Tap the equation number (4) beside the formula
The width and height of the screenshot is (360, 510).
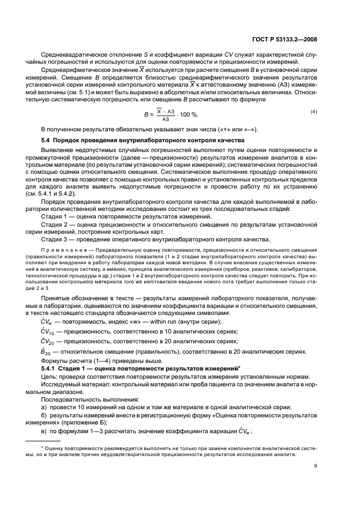click(314, 112)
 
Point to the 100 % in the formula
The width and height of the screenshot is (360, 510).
click(189, 116)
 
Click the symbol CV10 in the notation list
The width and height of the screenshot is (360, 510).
click(48, 331)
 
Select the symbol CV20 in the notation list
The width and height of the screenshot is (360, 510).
click(48, 342)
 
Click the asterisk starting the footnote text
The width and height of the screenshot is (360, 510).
click(42, 448)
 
